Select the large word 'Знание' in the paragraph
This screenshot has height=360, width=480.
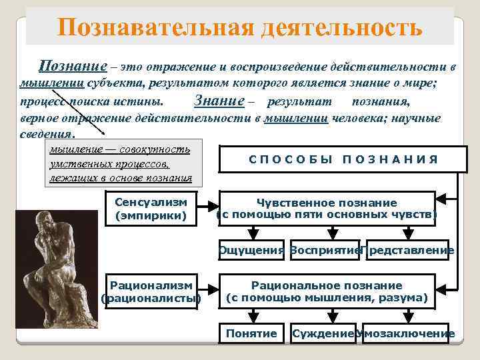click(x=215, y=101)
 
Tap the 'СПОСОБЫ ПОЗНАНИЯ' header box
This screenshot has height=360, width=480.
click(x=343, y=159)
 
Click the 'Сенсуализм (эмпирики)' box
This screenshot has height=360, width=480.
click(x=151, y=209)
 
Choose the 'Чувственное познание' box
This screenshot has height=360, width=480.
click(x=327, y=209)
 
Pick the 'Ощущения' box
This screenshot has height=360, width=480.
click(x=251, y=251)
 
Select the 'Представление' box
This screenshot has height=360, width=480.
click(x=410, y=251)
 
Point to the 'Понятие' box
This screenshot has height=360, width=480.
click(x=251, y=333)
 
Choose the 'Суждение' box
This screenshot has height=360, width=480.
click(x=323, y=333)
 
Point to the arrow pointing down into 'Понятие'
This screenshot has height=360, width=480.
click(x=251, y=316)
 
